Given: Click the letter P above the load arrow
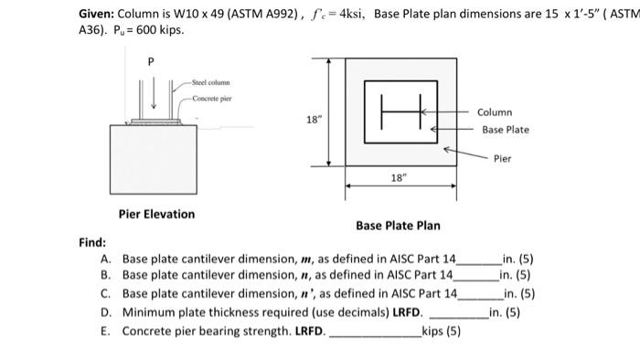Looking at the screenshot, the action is pos(151,61).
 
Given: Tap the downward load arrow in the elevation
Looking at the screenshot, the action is pos(154,92).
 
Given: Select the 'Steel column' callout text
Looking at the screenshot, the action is pos(210,82).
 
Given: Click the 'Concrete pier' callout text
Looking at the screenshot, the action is pos(212,99).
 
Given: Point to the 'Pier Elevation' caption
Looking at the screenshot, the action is pos(156,214).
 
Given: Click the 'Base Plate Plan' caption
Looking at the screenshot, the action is pos(398,226).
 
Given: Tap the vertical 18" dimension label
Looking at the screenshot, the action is pos(314,120).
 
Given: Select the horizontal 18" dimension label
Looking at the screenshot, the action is pos(399,178).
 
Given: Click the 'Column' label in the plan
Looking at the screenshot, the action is pos(495,112).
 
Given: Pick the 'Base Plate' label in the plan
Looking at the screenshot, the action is pos(506,130).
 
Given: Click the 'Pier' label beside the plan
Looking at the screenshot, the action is pos(503,159).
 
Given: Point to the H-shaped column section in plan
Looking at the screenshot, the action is pos(400,111).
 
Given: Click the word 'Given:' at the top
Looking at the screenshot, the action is pos(96,14).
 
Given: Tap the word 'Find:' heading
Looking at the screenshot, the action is pos(92,242).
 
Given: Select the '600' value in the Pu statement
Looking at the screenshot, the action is pos(145,30).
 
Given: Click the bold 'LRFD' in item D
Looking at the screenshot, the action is pos(406,312).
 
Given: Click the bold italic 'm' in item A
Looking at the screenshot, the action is pos(305,259).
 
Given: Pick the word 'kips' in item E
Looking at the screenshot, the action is pos(432,331).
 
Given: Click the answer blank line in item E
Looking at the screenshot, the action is pos(376,336).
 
